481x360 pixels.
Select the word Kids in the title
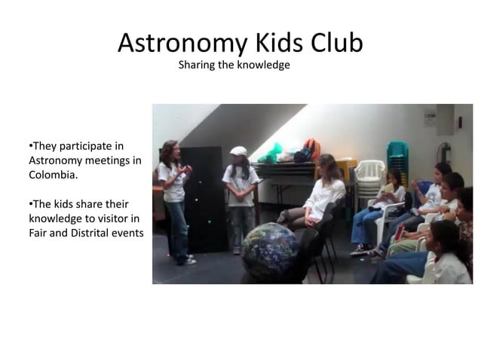click(x=272, y=43)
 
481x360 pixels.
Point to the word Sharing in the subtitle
click(x=195, y=66)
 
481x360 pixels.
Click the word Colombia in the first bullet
click(x=53, y=174)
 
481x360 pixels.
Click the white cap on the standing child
click(x=238, y=151)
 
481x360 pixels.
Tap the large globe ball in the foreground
click(x=269, y=252)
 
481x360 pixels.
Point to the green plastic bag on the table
click(x=271, y=154)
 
